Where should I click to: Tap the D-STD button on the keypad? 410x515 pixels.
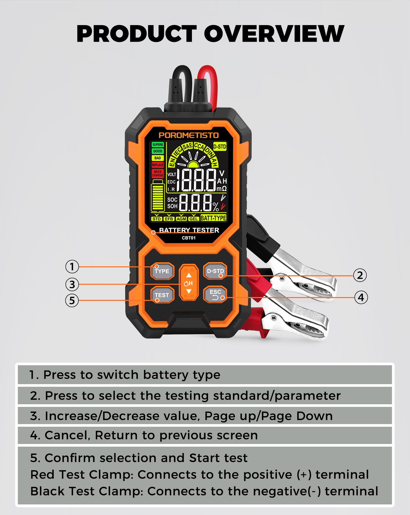[x=215, y=271]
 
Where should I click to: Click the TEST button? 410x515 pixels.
[x=162, y=295]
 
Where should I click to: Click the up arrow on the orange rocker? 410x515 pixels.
[x=189, y=275]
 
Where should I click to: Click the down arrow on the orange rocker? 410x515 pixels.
[x=189, y=291]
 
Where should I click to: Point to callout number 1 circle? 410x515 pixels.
[x=72, y=267]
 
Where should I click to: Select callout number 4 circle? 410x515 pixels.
[x=361, y=298]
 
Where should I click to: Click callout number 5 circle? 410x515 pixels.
[x=72, y=300]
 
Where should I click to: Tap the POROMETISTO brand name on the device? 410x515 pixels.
[x=189, y=135]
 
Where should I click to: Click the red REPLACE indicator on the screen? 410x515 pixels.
[x=158, y=165]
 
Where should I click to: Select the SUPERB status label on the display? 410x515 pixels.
[x=158, y=145]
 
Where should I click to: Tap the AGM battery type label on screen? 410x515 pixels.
[x=181, y=219]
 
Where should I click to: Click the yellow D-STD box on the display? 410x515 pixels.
[x=220, y=147]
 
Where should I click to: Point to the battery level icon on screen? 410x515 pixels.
[x=158, y=195]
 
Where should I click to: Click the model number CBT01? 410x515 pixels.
[x=189, y=238]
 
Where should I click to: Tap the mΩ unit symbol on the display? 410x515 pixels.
[x=222, y=189]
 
